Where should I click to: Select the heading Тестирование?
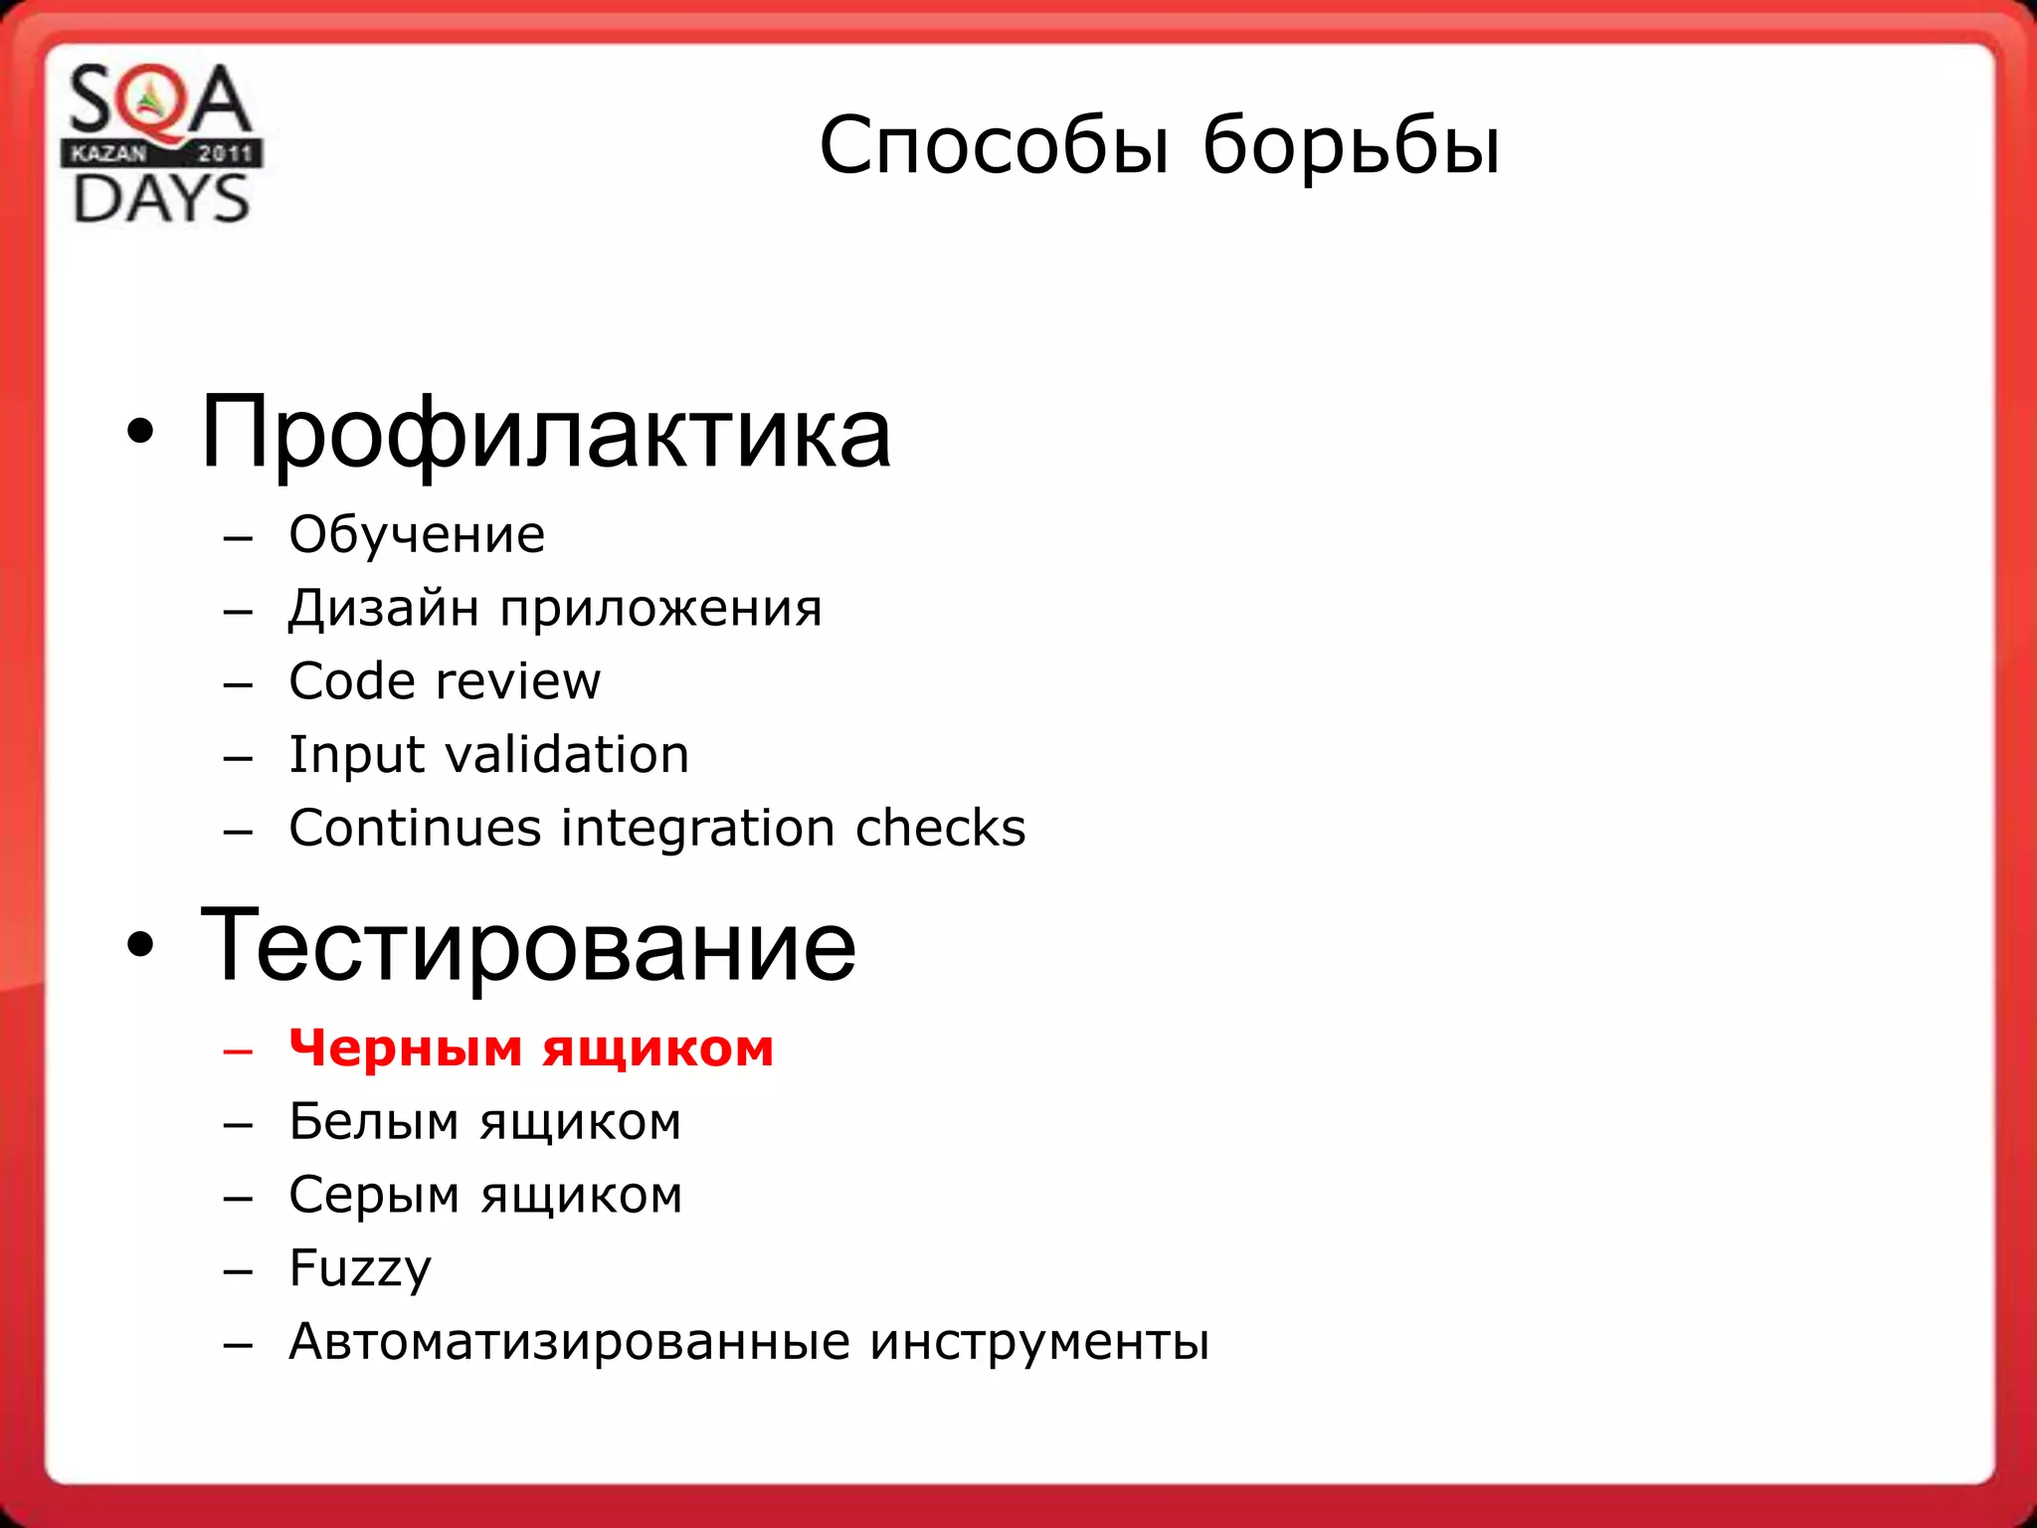[x=527, y=945]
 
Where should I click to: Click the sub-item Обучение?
[x=417, y=535]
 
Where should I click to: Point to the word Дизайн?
[x=383, y=608]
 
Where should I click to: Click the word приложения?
[x=660, y=610]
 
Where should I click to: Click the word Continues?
[x=416, y=829]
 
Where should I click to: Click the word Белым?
[x=374, y=1122]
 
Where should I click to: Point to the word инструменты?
[x=1039, y=1342]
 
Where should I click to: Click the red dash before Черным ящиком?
[x=239, y=1050]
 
